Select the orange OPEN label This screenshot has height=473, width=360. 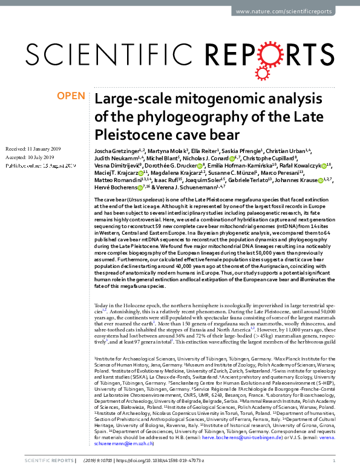[70, 96]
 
